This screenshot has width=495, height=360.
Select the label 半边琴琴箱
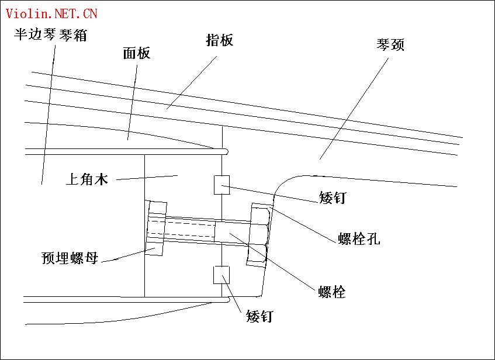point(51,34)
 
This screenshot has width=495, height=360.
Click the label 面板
point(137,54)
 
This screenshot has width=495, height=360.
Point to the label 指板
point(220,40)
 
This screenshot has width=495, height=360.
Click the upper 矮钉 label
point(333,198)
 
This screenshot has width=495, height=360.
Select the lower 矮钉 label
point(259,317)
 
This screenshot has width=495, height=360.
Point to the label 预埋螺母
point(70,258)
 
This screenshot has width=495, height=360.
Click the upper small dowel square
point(223,184)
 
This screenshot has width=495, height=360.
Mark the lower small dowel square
point(223,275)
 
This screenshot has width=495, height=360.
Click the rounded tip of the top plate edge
point(225,151)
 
